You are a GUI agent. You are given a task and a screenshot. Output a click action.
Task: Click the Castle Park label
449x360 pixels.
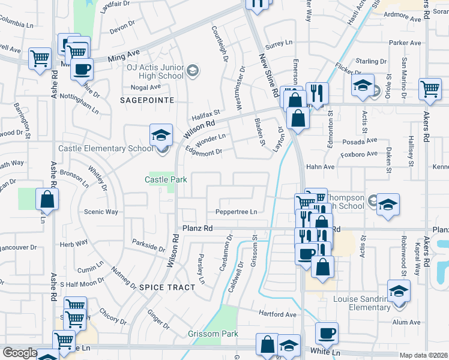(x=166, y=179)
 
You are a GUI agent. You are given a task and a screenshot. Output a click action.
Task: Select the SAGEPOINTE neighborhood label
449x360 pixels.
(x=147, y=100)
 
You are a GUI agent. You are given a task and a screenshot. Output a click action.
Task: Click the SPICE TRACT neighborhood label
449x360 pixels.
(x=167, y=287)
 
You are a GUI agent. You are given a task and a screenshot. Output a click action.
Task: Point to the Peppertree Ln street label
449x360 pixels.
(x=236, y=212)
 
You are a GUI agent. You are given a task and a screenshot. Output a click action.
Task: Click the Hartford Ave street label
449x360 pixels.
(x=278, y=314)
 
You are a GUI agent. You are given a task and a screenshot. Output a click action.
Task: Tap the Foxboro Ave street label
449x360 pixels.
(x=359, y=154)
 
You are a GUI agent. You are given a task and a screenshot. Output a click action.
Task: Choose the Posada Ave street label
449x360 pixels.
(x=360, y=142)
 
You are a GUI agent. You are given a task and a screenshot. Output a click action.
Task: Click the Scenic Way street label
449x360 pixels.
(x=101, y=212)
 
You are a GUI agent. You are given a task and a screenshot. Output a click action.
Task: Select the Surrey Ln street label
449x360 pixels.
(x=279, y=43)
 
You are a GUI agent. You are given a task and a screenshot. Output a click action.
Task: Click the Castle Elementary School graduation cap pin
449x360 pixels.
(x=161, y=135)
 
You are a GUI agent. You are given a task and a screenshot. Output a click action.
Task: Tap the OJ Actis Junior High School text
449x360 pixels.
(x=155, y=71)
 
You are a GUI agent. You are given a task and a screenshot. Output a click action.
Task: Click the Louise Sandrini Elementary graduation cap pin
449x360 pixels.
(x=399, y=291)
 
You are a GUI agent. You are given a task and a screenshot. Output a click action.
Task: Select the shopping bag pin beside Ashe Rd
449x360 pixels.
(x=47, y=199)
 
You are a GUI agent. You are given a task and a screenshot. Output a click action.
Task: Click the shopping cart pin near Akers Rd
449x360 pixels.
(x=430, y=89)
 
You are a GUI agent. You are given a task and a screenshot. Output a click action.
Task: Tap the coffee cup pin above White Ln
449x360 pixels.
(x=327, y=333)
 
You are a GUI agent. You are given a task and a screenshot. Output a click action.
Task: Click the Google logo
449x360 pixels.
(x=19, y=353)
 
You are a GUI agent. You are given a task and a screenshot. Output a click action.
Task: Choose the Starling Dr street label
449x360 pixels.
(x=370, y=61)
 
